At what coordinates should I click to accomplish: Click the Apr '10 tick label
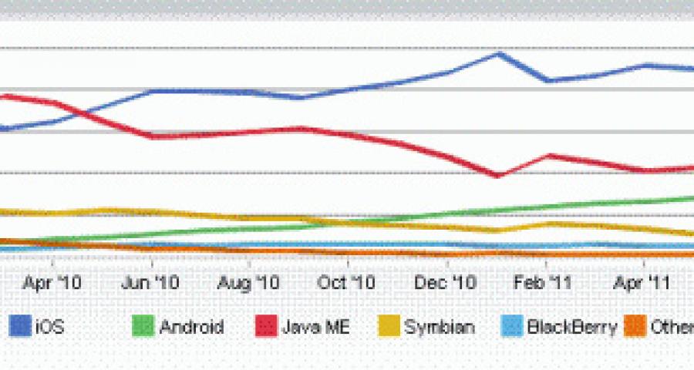[52, 283]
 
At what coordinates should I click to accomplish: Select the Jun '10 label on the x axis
[150, 283]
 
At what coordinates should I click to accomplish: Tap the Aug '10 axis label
[248, 283]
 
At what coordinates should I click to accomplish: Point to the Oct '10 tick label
[346, 283]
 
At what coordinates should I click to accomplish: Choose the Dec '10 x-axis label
[446, 283]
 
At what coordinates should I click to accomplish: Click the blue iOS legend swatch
[18, 327]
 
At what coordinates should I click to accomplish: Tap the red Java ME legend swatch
[265, 327]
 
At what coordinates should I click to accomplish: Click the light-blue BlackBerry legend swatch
[510, 327]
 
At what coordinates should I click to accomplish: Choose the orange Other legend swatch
[635, 327]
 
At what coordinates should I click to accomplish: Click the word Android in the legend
[192, 327]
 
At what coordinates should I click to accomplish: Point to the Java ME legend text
[317, 327]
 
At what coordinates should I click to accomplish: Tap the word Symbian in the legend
[440, 327]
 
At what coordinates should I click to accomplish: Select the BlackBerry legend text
[571, 327]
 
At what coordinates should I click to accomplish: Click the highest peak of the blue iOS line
[499, 53]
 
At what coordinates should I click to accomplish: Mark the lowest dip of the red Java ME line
[498, 176]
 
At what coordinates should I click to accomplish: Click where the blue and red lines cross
[79, 113]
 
